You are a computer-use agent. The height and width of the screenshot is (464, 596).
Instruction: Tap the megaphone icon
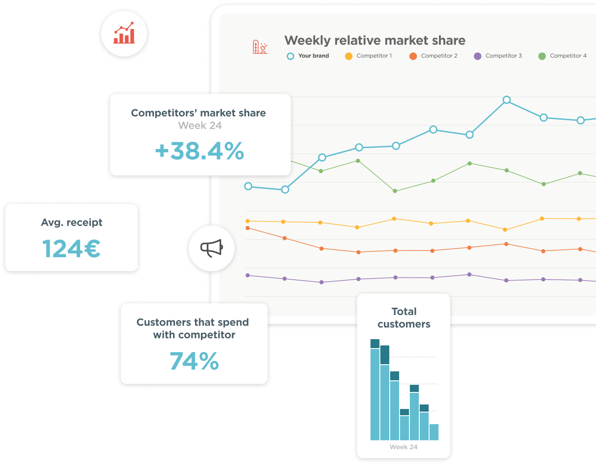tap(212, 248)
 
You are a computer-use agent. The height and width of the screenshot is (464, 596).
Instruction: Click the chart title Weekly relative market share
tap(375, 41)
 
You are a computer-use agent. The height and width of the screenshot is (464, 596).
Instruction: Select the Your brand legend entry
tap(307, 56)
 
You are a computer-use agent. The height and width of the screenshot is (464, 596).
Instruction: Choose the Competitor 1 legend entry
tap(368, 56)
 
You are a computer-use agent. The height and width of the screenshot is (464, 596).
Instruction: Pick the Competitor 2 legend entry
tap(434, 56)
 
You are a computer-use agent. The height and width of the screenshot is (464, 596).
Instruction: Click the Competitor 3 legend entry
tap(498, 56)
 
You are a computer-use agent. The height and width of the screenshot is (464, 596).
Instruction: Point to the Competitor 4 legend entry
tap(562, 56)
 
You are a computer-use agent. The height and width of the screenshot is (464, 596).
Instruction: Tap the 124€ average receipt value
tap(71, 248)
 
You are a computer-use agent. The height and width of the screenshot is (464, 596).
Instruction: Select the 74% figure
tap(194, 361)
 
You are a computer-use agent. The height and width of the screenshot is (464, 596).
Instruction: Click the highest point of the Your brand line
tap(507, 100)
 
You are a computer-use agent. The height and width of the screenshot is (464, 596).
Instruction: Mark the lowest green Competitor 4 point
tap(395, 191)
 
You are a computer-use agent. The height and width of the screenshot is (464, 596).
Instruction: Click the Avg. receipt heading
tap(72, 222)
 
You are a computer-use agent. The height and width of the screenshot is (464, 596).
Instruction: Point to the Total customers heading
tap(404, 318)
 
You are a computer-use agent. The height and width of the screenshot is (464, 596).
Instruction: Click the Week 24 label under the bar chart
tap(404, 447)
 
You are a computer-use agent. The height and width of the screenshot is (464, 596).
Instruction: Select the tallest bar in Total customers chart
tap(375, 390)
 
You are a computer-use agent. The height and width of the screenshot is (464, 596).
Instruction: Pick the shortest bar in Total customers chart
tap(434, 432)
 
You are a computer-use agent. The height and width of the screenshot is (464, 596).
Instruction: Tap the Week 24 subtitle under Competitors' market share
tap(200, 126)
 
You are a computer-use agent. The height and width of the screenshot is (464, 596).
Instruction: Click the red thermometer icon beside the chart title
tap(260, 47)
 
